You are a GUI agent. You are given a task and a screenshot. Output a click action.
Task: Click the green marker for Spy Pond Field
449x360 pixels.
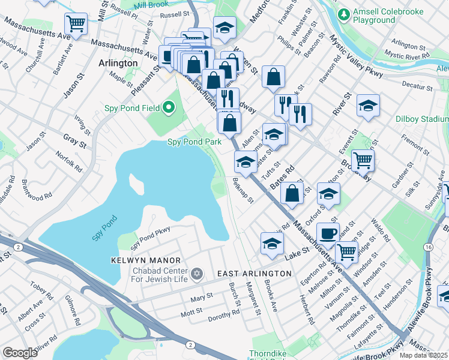click(169, 108)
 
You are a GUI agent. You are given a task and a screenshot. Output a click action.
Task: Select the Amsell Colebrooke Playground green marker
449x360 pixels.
click(345, 14)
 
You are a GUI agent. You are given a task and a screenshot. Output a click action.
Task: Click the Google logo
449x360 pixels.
click(20, 353)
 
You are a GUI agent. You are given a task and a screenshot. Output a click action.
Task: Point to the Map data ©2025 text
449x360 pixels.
click(423, 355)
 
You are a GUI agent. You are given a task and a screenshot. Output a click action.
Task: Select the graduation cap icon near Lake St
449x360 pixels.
click(272, 242)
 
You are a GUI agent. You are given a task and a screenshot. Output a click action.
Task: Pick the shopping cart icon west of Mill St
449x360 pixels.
click(76, 24)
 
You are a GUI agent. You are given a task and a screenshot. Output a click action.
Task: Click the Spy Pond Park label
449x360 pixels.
click(194, 142)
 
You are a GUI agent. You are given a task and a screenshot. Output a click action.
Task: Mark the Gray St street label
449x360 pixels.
click(75, 141)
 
